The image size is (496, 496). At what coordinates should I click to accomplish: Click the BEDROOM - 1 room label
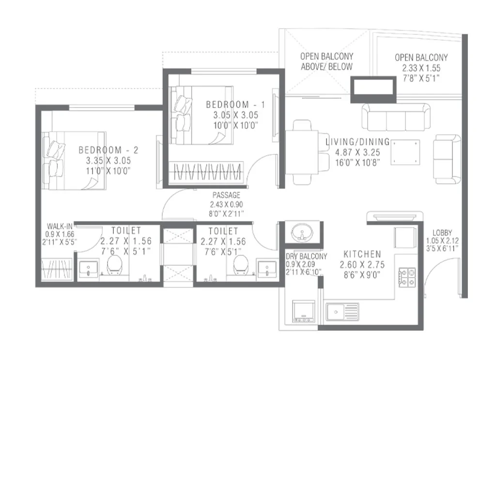coord(235,105)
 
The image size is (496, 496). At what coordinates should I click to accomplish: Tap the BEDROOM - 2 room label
coord(108,150)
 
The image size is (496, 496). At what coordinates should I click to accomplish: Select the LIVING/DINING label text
coord(357,142)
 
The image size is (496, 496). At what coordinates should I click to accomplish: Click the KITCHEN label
coord(362,254)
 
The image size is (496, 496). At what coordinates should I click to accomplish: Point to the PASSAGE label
coord(226,195)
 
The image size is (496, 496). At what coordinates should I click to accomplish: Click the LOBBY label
coord(443,232)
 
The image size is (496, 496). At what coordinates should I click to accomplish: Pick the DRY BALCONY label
coord(306,256)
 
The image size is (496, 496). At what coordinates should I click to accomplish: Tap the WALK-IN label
coord(60,226)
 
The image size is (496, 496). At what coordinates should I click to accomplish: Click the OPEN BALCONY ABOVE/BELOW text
coord(326,62)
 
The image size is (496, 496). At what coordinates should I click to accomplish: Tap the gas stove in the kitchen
coord(407,278)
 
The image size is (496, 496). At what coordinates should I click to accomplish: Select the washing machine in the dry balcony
coord(304,311)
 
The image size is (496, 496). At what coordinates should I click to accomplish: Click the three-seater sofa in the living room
coord(396,116)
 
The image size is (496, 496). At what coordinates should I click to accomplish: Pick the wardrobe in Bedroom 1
coord(208,171)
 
